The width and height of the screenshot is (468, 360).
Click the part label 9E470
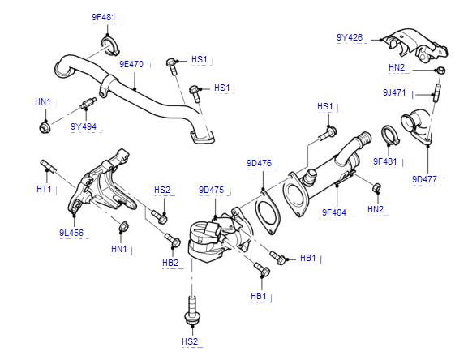coord(131,64)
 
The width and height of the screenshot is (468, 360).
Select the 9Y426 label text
coord(350,37)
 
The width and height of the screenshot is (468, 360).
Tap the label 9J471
coord(394,92)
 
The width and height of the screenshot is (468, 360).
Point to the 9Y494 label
coord(84,126)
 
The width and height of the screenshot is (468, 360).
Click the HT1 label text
coord(44,189)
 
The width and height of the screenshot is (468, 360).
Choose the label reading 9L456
coord(71,233)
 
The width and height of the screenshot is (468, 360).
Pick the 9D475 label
coord(211,190)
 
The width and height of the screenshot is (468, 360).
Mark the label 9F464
coord(334,212)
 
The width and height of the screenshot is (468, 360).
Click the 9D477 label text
coord(424,179)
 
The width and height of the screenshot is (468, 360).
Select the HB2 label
coord(170,263)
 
